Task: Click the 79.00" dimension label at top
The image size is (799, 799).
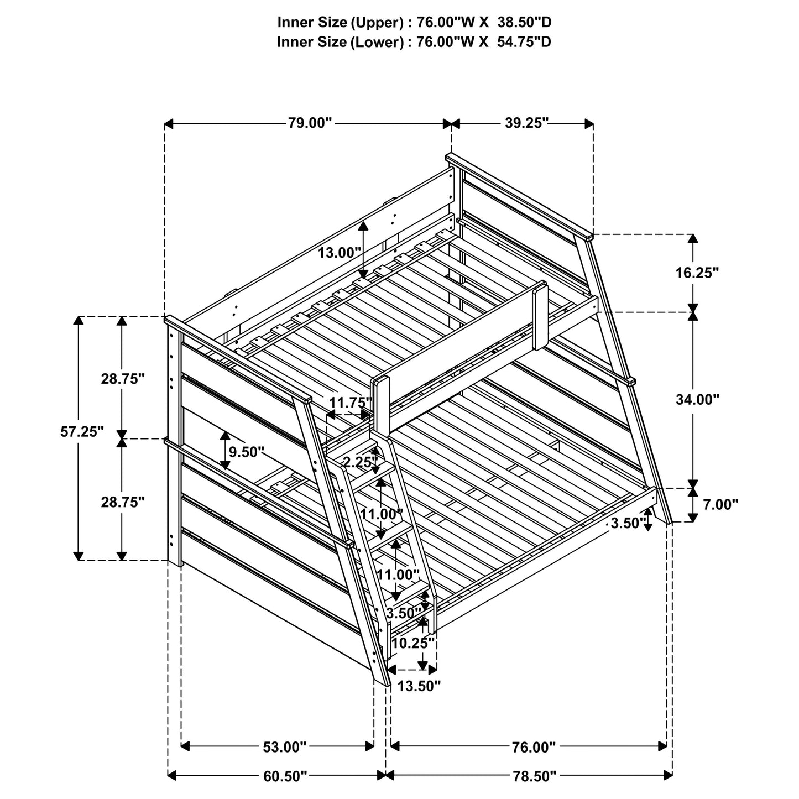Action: [x=309, y=123]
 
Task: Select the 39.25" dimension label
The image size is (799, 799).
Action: [x=526, y=123]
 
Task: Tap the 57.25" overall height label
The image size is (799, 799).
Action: [x=82, y=432]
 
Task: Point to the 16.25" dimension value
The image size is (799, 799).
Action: [x=697, y=272]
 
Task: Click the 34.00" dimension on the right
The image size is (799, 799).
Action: [x=697, y=399]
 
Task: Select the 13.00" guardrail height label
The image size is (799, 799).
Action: [x=339, y=253]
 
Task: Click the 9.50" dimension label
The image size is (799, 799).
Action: [x=247, y=452]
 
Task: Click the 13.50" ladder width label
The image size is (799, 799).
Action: [x=419, y=686]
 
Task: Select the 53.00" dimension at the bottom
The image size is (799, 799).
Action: [x=284, y=747]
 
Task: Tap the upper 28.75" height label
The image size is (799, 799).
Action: [x=123, y=379]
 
